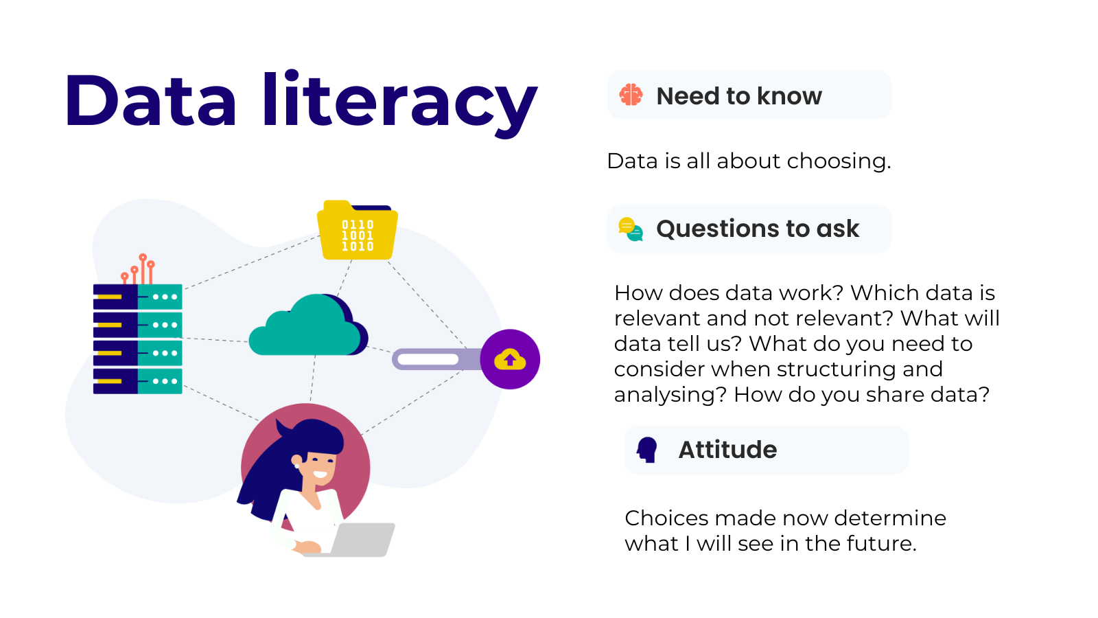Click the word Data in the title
point(150,100)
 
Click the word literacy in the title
point(400,103)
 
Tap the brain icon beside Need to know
point(631,95)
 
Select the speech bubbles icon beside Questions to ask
point(631,229)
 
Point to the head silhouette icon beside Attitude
point(647,450)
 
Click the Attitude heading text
point(727,450)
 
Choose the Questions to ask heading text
point(758,229)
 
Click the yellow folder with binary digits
point(358,230)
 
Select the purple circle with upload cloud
point(510,359)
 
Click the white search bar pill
point(428,360)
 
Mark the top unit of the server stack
point(138,297)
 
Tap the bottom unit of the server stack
point(138,381)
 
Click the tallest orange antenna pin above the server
point(143,268)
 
